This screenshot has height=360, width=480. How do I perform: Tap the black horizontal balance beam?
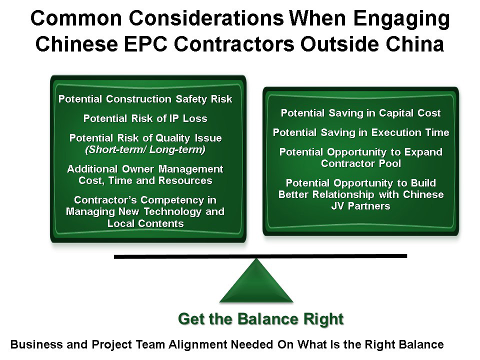coord(260,256)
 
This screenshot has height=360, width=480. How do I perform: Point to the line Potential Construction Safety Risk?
coord(145,99)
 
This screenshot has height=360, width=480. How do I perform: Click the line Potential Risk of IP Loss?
coord(145,118)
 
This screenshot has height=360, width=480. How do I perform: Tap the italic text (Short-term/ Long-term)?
coord(145,149)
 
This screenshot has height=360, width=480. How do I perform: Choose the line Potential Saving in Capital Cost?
coord(361,113)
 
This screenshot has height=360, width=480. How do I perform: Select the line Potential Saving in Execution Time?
coord(361,132)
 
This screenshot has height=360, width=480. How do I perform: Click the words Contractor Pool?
coord(361,163)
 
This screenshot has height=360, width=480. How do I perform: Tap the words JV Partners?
coord(361,206)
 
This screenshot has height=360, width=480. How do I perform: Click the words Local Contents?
coord(145,223)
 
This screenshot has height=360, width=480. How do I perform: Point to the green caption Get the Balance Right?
coord(261,319)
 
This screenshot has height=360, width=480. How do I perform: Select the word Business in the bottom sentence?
coord(36,344)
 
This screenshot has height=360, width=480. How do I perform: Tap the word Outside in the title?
coord(340,44)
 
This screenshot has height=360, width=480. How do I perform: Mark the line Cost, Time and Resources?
coord(145,180)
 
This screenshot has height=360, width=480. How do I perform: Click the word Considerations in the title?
coord(206,18)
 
